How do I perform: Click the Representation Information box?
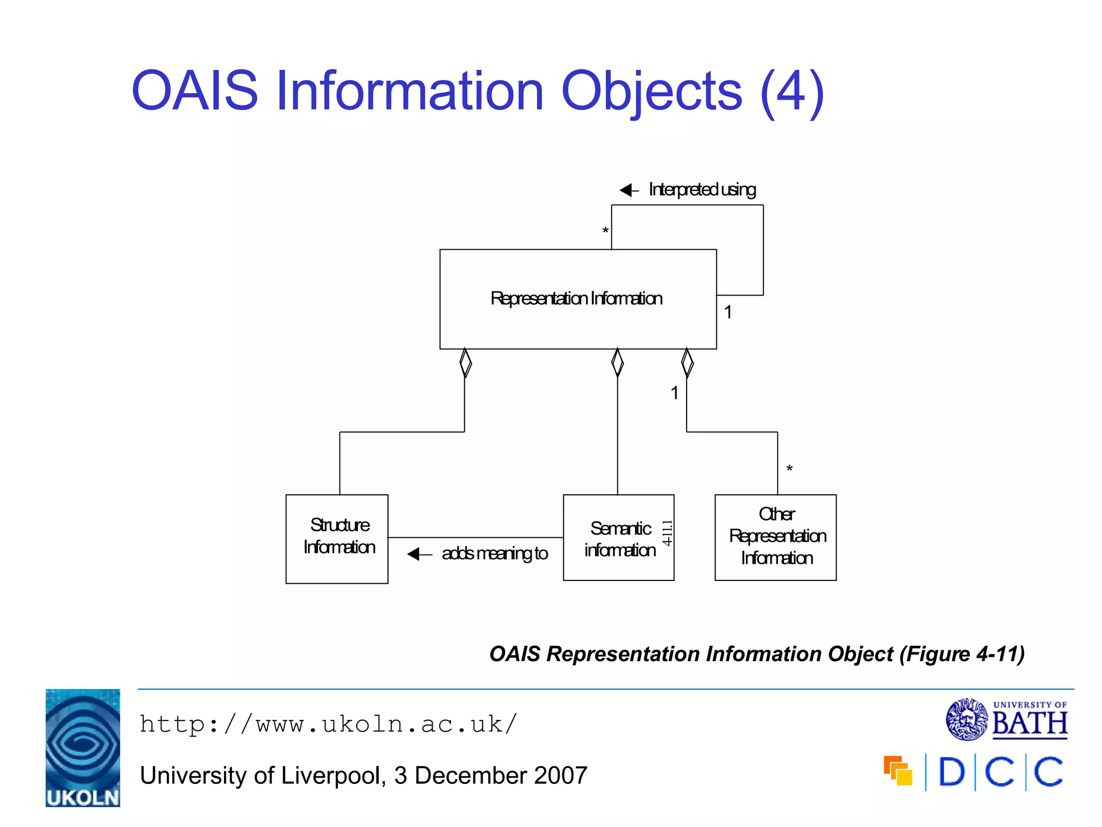(577, 299)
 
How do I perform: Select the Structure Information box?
(337, 538)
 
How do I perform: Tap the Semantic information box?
(618, 537)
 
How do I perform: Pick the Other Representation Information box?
(775, 537)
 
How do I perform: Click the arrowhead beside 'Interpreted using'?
(627, 190)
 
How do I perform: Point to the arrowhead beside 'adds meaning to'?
(414, 553)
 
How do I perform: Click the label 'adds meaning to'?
(495, 553)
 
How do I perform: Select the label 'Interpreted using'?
(702, 190)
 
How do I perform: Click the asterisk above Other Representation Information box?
(789, 469)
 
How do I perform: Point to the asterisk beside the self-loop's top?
(605, 231)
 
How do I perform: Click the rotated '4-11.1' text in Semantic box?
(667, 533)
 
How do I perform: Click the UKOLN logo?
(83, 747)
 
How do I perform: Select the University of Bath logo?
(1006, 719)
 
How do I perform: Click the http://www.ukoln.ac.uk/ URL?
(328, 724)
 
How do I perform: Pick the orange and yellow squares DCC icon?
(898, 771)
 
